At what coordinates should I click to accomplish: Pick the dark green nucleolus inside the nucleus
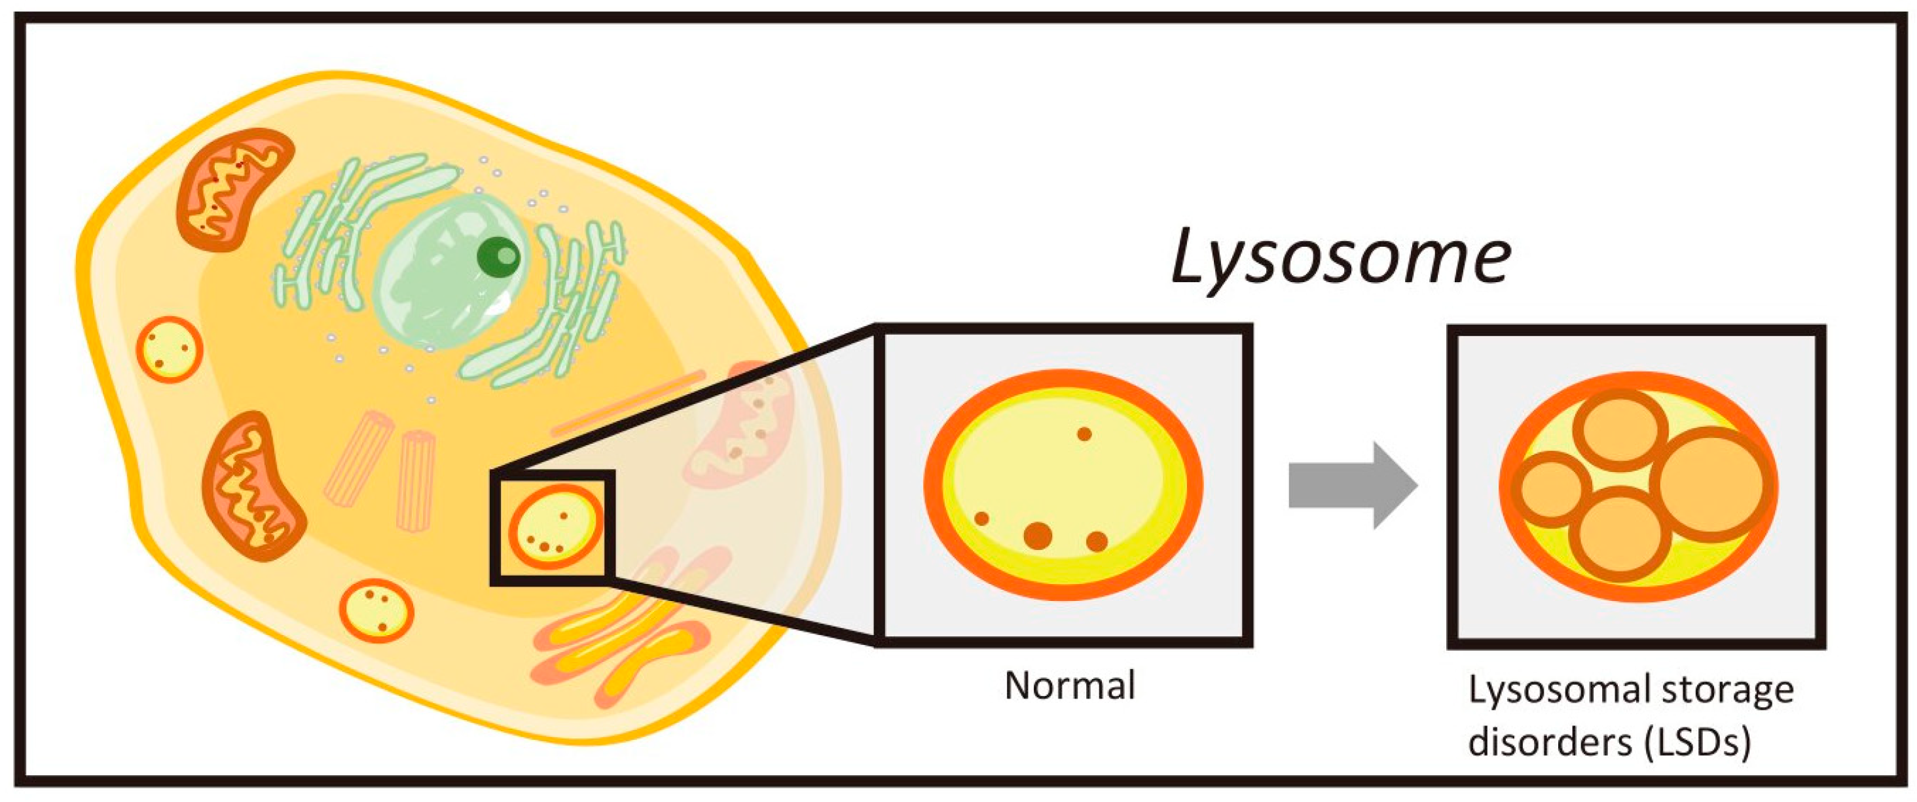click(499, 256)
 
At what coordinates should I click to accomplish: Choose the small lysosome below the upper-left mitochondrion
click(169, 349)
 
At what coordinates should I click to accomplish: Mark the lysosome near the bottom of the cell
click(376, 611)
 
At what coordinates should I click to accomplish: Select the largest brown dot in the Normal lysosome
click(1037, 535)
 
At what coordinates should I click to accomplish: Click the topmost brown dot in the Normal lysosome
click(1084, 433)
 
